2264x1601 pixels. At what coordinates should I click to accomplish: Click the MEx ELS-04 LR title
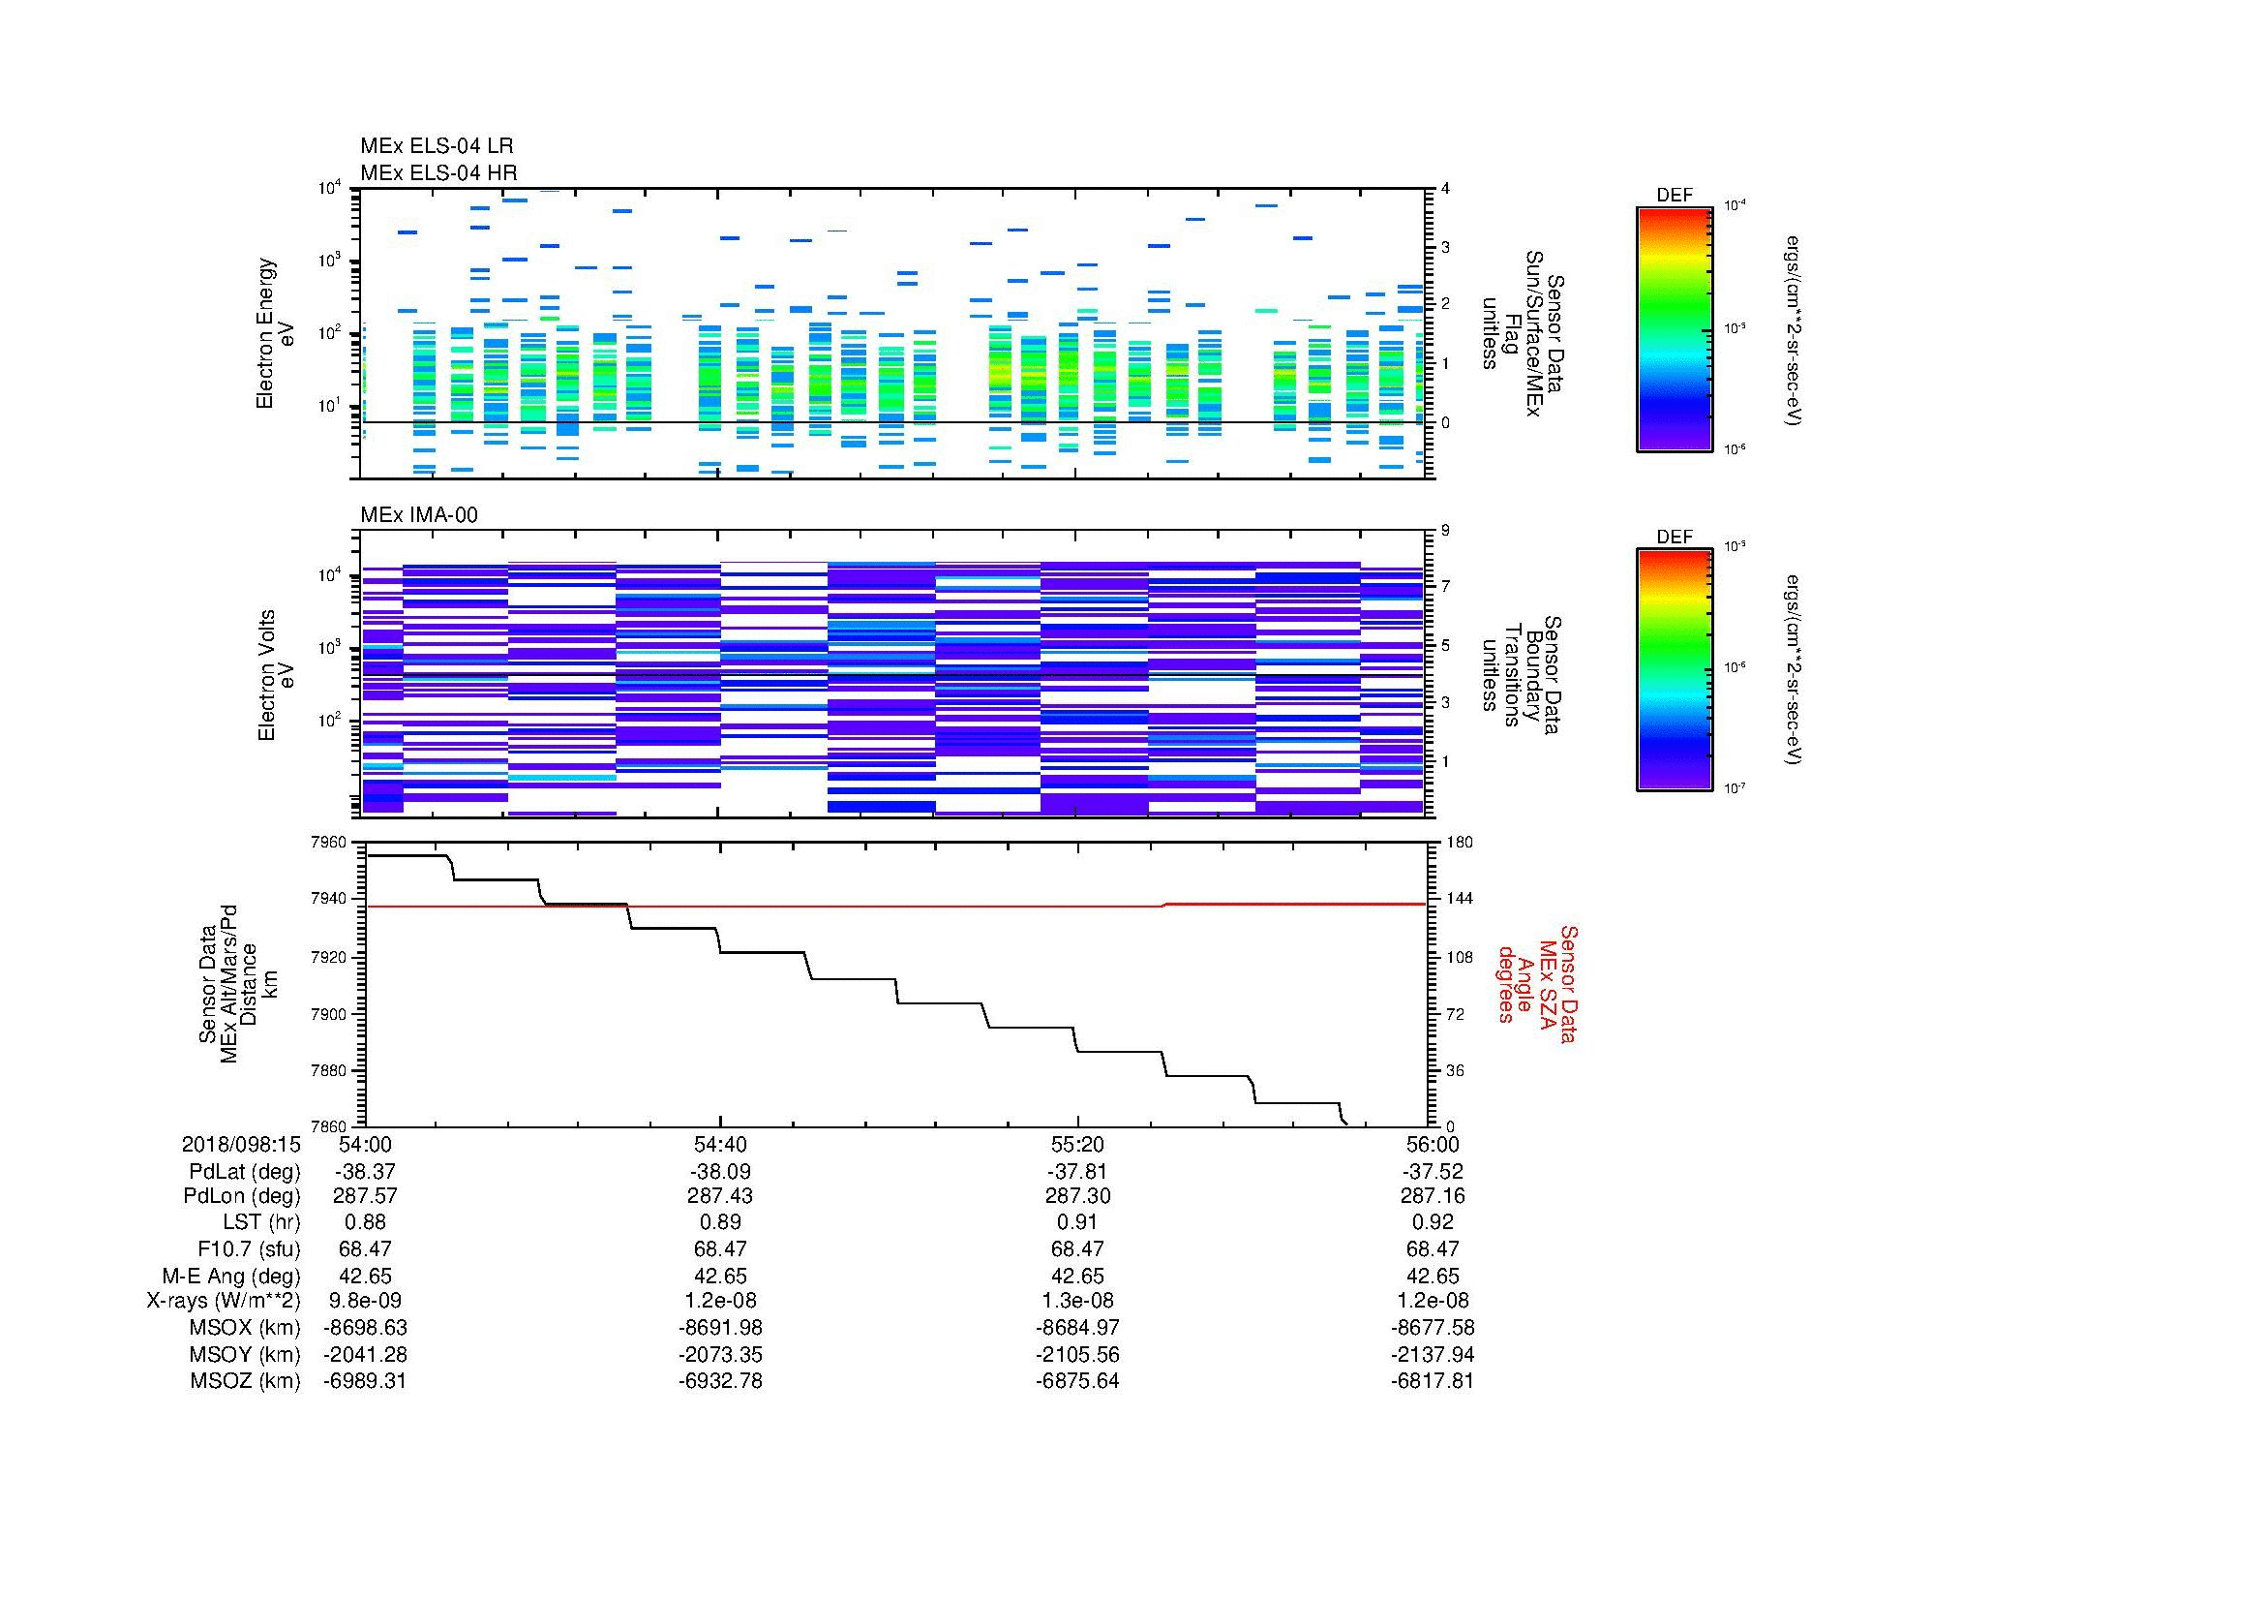pos(436,146)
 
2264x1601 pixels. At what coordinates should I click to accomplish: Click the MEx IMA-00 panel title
pos(418,515)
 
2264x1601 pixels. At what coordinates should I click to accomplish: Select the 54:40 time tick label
pos(720,1144)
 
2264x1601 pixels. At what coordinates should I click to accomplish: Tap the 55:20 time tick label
pos(1076,1144)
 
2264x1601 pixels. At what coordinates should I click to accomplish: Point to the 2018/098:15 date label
pos(240,1144)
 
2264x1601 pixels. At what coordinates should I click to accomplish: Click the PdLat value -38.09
pos(720,1171)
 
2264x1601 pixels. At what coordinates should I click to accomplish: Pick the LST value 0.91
pos(1076,1222)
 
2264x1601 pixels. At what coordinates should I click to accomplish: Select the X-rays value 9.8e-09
pos(365,1301)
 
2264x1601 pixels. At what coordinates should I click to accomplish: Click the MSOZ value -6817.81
pos(1432,1381)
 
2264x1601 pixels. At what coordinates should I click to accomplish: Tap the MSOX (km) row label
pos(245,1328)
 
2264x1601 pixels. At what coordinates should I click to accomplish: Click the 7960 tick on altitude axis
pos(328,843)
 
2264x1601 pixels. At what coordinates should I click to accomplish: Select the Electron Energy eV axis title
pos(276,333)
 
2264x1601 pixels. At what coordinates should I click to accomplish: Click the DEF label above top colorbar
pos(1674,196)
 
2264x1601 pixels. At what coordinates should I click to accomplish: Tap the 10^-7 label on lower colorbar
pos(1734,788)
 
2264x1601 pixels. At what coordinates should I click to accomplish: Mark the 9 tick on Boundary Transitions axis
pos(1445,531)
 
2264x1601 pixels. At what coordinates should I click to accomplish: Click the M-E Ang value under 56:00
pos(1432,1276)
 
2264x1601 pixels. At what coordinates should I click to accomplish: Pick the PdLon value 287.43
pos(720,1195)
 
